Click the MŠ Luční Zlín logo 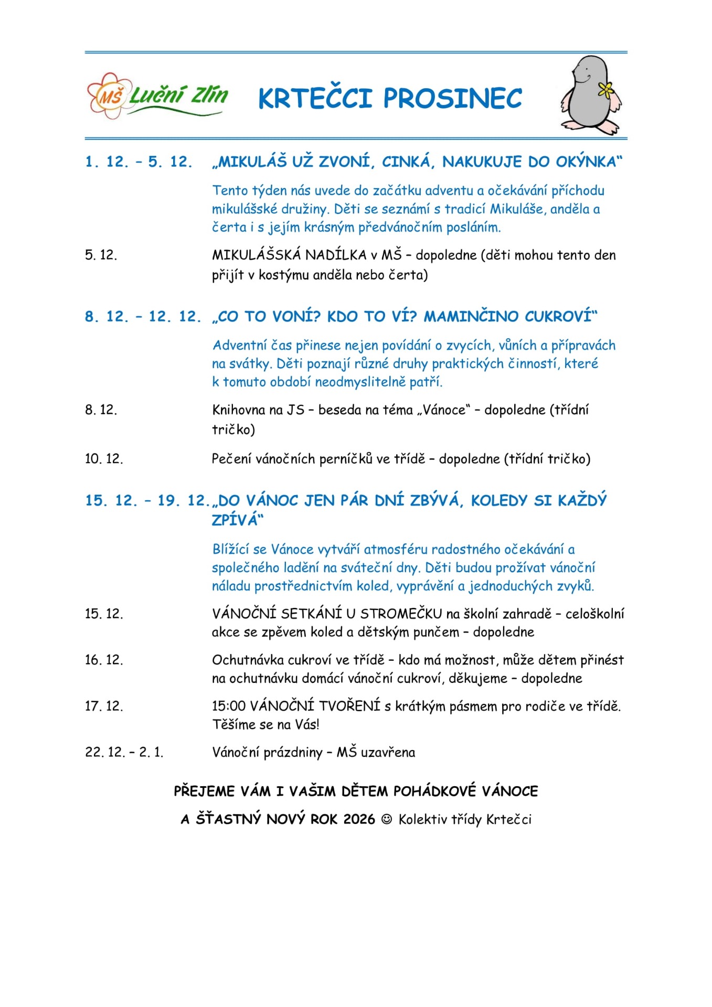click(157, 95)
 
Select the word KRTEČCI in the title click(315, 99)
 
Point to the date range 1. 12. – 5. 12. click(139, 162)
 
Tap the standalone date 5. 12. click(101, 255)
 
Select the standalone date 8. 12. click(101, 410)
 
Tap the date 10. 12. click(104, 459)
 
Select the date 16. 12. click(104, 660)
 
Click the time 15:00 click(228, 706)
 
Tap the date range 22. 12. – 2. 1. click(124, 752)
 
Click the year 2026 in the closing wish click(359, 819)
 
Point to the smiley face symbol click(387, 819)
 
